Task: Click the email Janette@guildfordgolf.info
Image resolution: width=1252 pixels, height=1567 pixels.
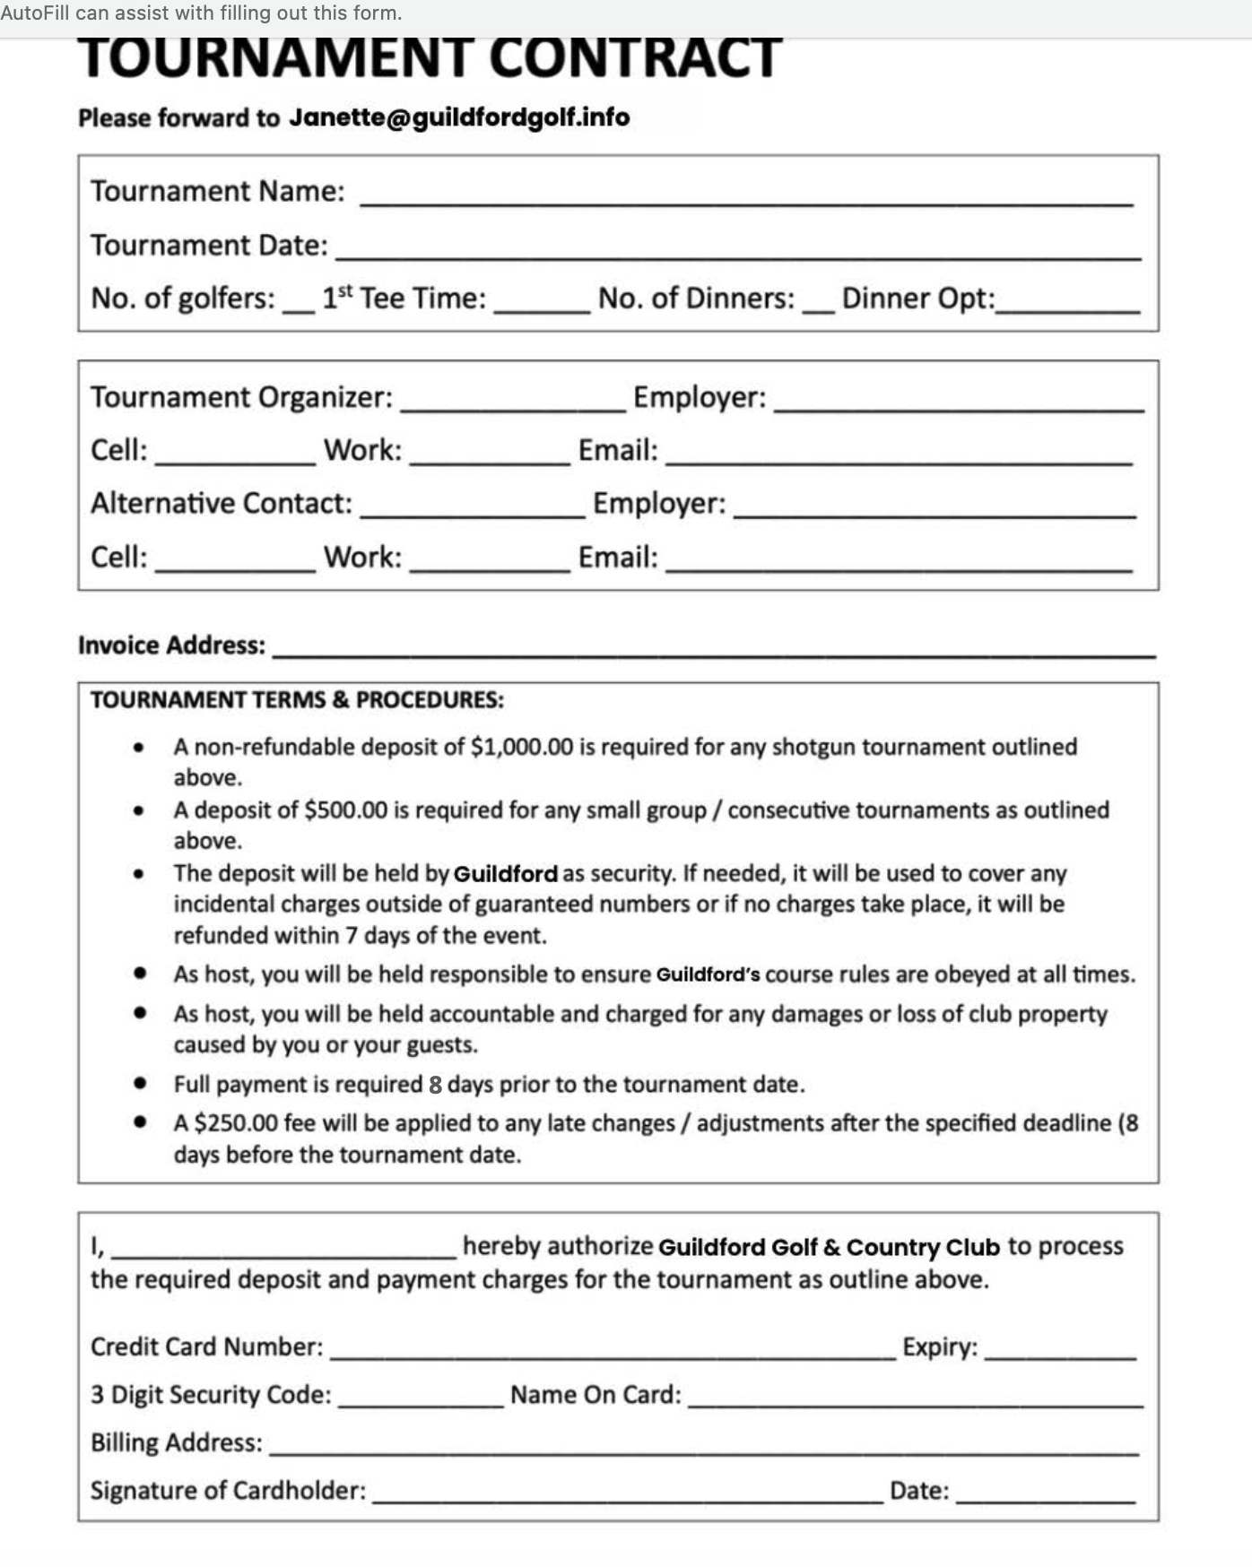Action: pyautogui.click(x=458, y=117)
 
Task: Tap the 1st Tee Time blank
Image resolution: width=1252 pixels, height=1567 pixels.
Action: pyautogui.click(x=542, y=302)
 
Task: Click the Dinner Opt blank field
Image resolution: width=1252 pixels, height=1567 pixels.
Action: pyautogui.click(x=1067, y=302)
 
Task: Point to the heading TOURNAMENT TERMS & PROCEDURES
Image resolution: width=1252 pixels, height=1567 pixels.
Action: pyautogui.click(x=297, y=700)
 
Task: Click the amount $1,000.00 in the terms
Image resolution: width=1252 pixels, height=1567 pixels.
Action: pyautogui.click(x=521, y=747)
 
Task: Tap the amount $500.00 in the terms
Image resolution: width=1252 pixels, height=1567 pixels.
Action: pyautogui.click(x=345, y=810)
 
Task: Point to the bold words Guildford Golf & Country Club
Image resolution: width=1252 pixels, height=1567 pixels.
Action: pyautogui.click(x=829, y=1247)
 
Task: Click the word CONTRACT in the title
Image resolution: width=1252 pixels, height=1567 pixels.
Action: pyautogui.click(x=635, y=57)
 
